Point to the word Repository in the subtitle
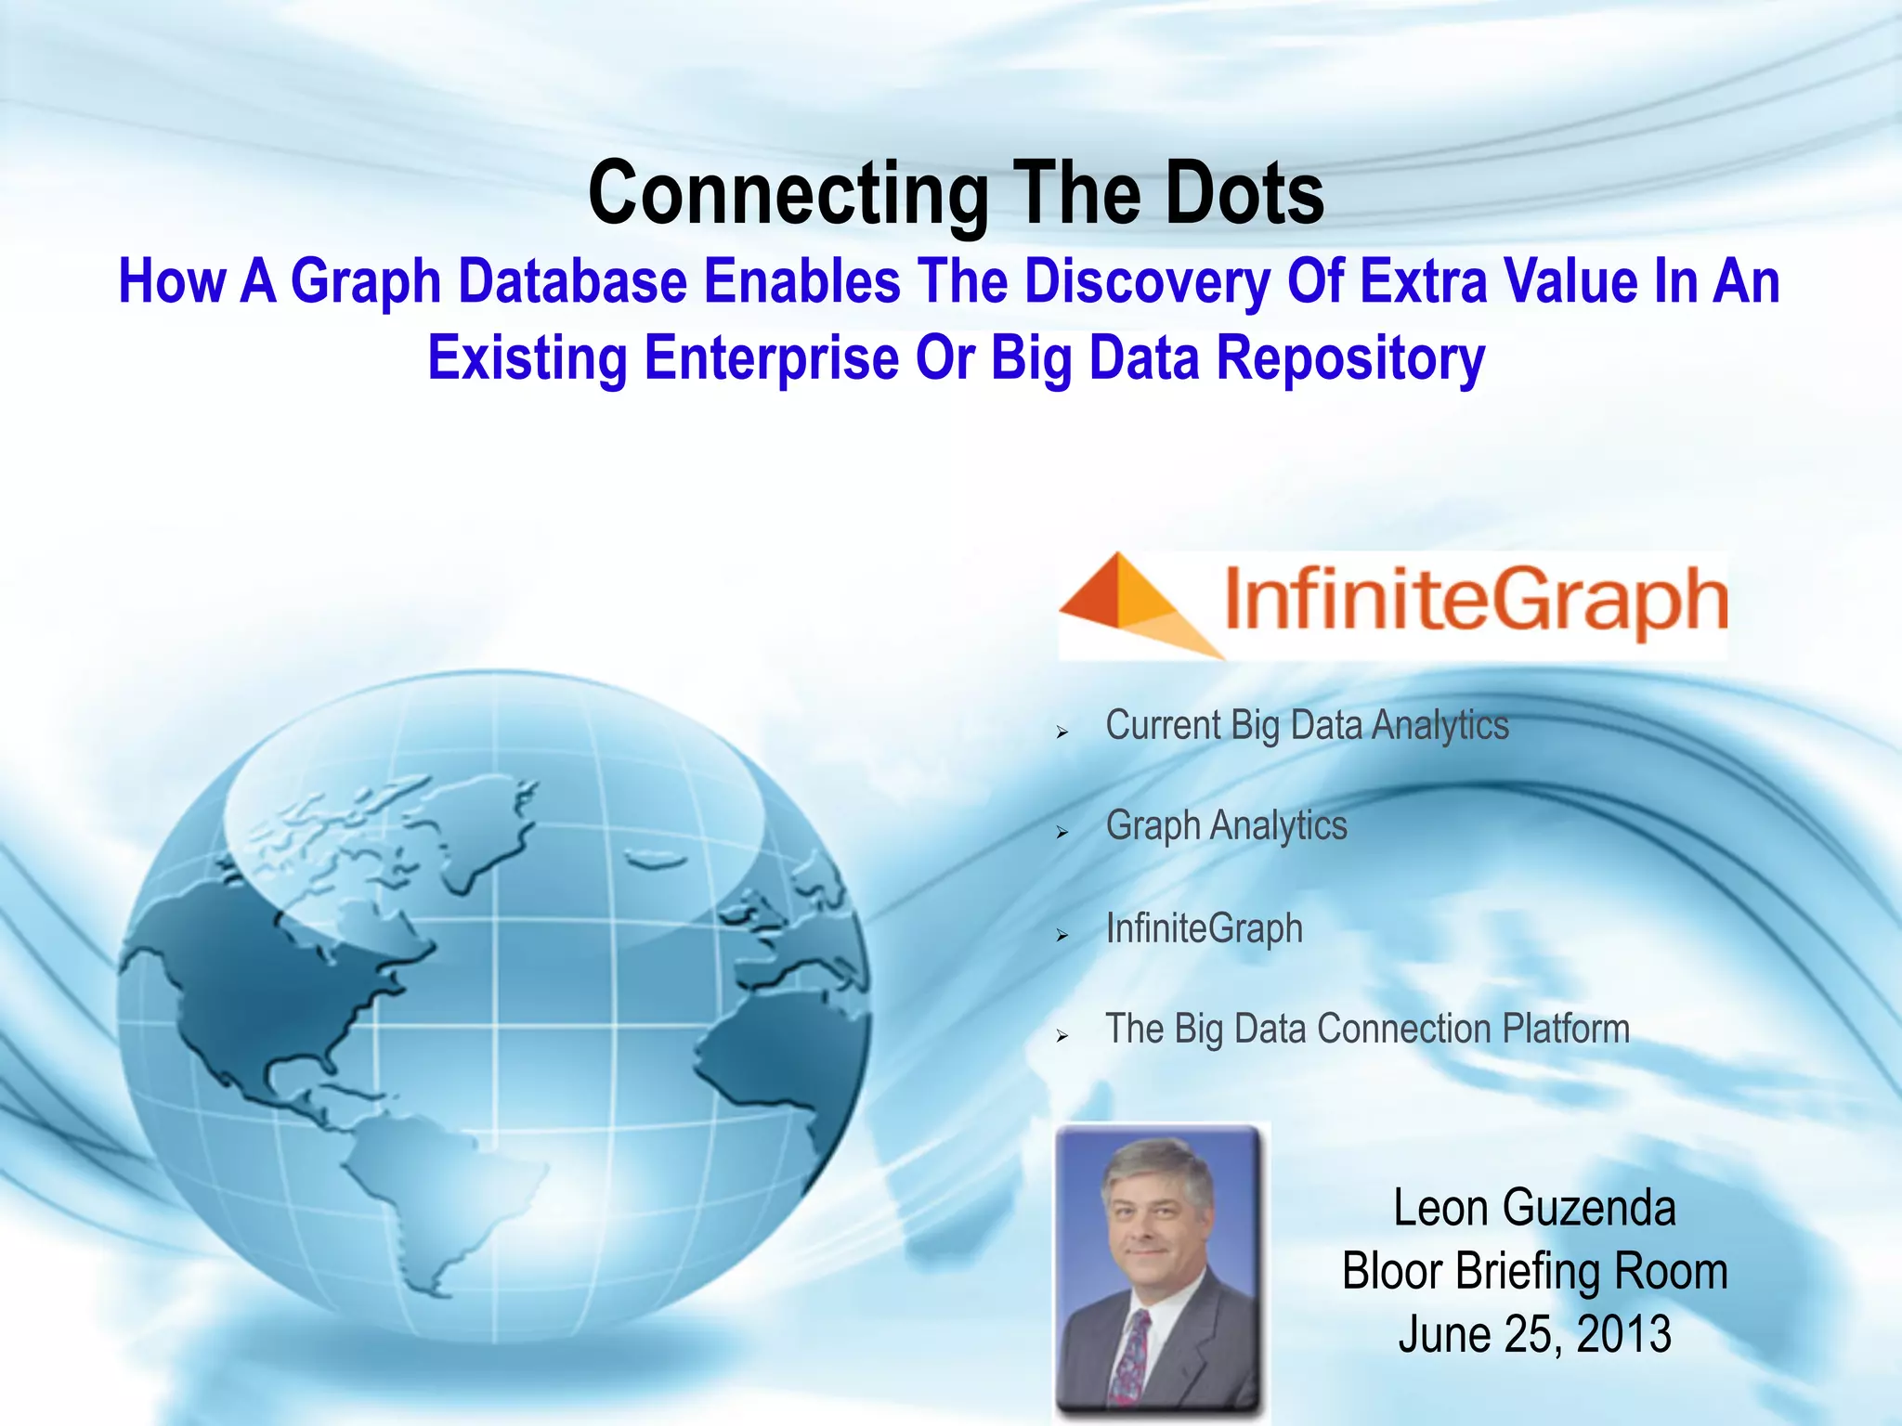point(1350,358)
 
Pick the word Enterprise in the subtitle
point(772,358)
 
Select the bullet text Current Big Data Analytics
point(1307,725)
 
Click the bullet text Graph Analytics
point(1226,825)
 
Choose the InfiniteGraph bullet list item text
point(1204,927)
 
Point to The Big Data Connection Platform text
point(1367,1029)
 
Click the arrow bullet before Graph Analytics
point(1062,833)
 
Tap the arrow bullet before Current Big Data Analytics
point(1062,732)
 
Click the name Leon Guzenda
point(1534,1208)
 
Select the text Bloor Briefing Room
point(1534,1271)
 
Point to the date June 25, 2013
point(1534,1334)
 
